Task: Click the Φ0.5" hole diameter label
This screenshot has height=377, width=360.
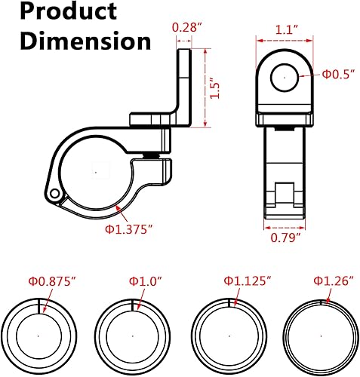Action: point(337,74)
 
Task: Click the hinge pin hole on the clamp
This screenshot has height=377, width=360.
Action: point(56,195)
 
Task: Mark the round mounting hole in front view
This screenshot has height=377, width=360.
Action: point(285,76)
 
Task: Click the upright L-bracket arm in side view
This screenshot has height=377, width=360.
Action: point(183,83)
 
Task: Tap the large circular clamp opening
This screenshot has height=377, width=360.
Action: point(95,172)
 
